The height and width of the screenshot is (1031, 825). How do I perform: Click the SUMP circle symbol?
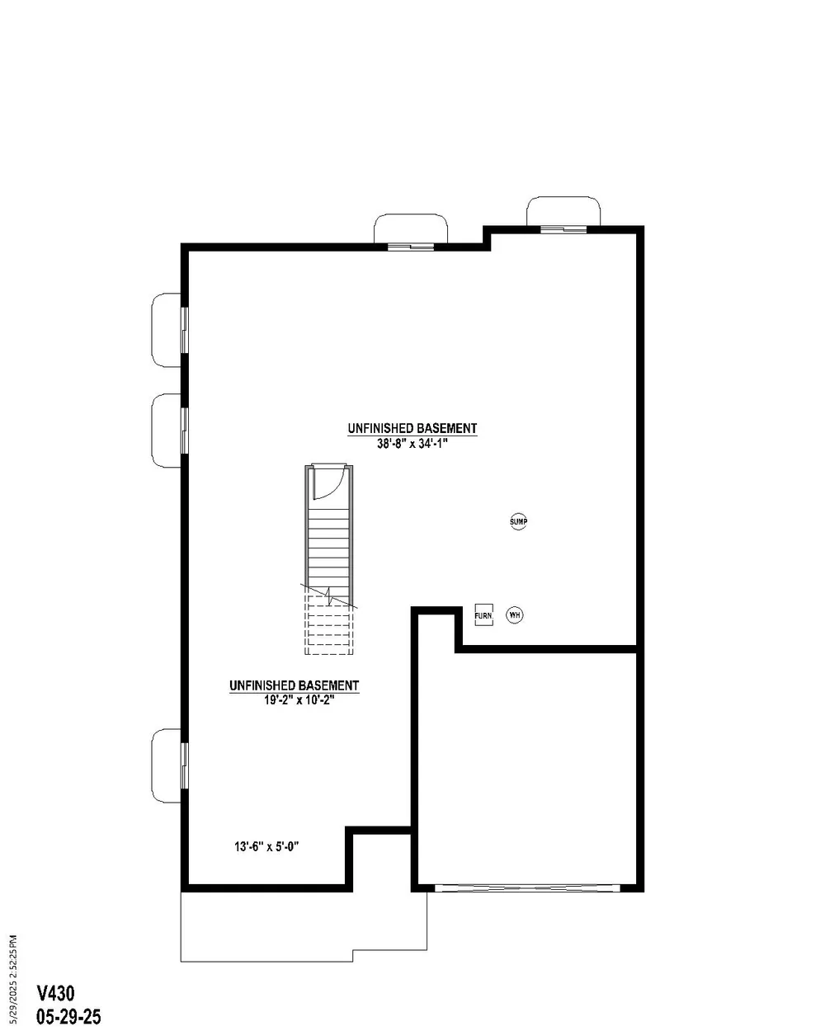(x=518, y=521)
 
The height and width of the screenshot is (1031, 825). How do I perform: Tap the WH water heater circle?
(x=514, y=614)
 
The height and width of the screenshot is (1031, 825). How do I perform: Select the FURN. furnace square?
(x=483, y=614)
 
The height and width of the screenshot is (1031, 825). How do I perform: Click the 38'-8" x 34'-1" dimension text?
(x=412, y=444)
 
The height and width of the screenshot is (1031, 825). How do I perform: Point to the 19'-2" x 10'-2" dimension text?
(x=299, y=700)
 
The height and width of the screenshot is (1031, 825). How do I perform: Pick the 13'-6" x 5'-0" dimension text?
(x=266, y=846)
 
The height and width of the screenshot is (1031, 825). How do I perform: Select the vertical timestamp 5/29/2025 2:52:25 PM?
(x=12, y=979)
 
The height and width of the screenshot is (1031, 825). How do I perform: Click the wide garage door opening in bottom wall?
(x=527, y=887)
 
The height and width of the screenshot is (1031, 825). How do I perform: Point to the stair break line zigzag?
(x=329, y=596)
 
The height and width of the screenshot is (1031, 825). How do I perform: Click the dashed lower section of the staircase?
(x=329, y=624)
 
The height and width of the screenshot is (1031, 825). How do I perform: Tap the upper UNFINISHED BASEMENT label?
(x=412, y=428)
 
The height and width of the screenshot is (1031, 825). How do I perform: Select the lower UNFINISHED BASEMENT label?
(x=294, y=685)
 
